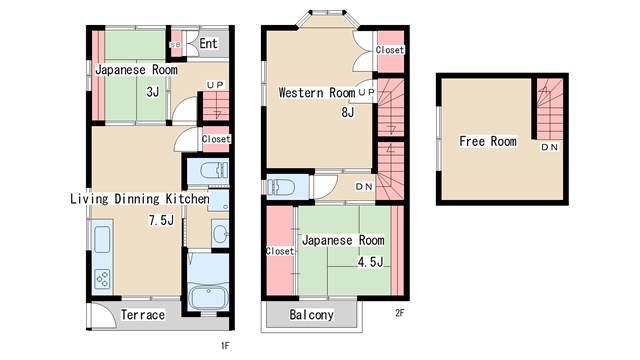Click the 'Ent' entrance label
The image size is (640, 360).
point(208,43)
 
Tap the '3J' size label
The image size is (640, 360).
point(153,92)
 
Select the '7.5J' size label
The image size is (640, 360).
point(161,220)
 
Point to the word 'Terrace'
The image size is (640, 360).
point(143,315)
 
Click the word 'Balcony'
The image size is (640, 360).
point(311,315)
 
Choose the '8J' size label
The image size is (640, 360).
point(348,112)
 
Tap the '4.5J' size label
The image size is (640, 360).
point(371,262)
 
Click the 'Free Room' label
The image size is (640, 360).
point(488,141)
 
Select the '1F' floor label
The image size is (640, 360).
point(225,346)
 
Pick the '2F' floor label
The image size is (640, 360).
point(400,313)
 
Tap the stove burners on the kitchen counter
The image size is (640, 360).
point(102,279)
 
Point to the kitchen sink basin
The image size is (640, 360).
point(102,239)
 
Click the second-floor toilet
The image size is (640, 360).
point(281,187)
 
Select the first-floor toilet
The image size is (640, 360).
point(213,170)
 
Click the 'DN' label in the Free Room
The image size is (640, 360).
point(549,147)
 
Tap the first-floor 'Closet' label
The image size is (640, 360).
point(216,139)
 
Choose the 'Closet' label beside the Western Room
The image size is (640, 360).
point(390,50)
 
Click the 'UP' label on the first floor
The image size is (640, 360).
point(215,85)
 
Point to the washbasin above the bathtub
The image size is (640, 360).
point(220,234)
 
